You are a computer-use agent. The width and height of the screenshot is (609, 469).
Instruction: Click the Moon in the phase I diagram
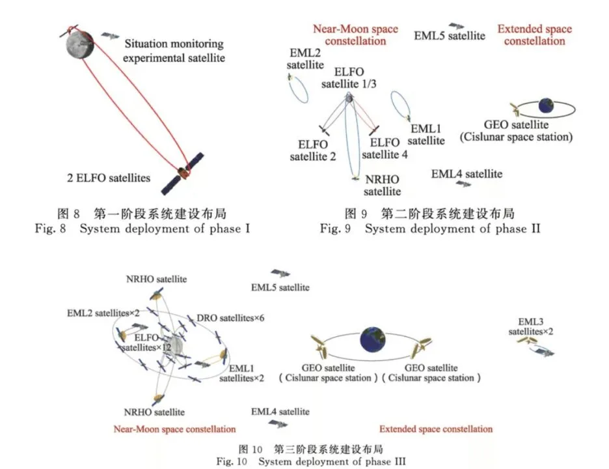coord(80,44)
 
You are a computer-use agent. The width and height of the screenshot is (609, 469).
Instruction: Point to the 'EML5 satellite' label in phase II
coord(450,36)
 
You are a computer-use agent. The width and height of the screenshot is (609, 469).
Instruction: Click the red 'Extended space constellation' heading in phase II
coord(534,35)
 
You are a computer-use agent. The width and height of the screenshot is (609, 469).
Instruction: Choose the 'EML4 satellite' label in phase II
coord(467,174)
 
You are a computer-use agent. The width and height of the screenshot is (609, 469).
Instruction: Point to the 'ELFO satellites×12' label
coord(148,343)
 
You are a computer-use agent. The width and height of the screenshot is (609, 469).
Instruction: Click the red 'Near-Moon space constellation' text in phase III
coord(174,429)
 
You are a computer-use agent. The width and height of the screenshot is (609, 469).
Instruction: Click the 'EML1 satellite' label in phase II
coord(426,135)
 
